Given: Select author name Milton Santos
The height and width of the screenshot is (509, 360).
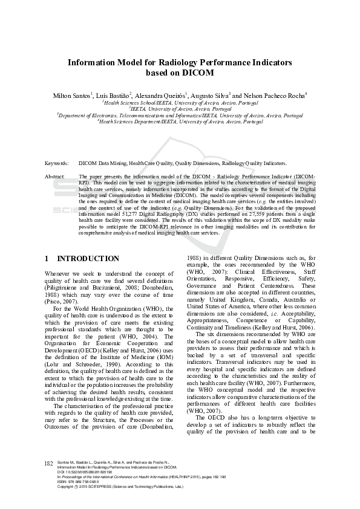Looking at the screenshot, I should tap(71, 96).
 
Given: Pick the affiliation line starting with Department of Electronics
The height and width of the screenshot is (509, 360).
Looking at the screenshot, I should tap(180, 115).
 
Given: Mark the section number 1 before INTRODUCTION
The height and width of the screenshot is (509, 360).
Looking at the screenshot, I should tap(47, 259).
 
